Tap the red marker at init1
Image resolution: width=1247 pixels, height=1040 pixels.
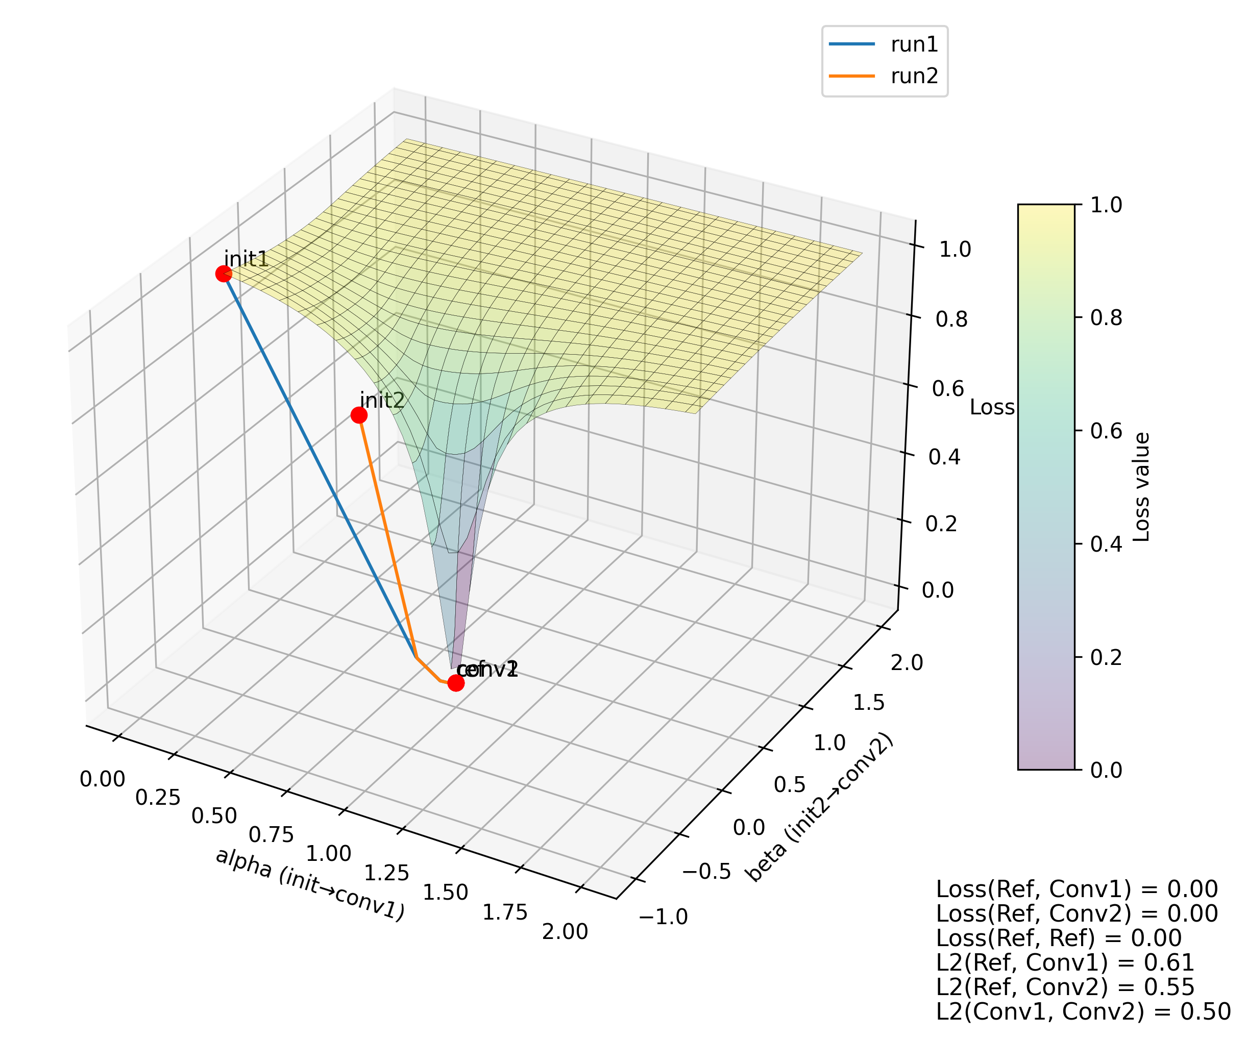(223, 274)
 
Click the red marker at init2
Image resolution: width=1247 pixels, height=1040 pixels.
(359, 415)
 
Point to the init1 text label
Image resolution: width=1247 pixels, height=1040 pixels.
(247, 259)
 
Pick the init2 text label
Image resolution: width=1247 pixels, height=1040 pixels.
(382, 401)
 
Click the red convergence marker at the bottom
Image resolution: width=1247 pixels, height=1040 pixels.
(455, 683)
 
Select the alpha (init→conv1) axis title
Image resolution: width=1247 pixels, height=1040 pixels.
(309, 884)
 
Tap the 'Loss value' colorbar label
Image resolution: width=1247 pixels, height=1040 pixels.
(1142, 487)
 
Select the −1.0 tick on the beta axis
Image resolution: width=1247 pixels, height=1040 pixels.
(663, 917)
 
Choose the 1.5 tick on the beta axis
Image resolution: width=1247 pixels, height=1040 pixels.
(869, 703)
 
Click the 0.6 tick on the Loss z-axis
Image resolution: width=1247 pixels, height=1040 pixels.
(948, 389)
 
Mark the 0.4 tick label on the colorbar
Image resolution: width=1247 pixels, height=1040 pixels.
(1106, 544)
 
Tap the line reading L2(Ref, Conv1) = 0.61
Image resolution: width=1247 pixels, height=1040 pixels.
(1065, 963)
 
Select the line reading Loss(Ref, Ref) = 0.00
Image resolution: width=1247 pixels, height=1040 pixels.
(1058, 938)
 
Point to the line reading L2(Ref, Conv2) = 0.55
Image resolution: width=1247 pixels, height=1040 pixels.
(1065, 987)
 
